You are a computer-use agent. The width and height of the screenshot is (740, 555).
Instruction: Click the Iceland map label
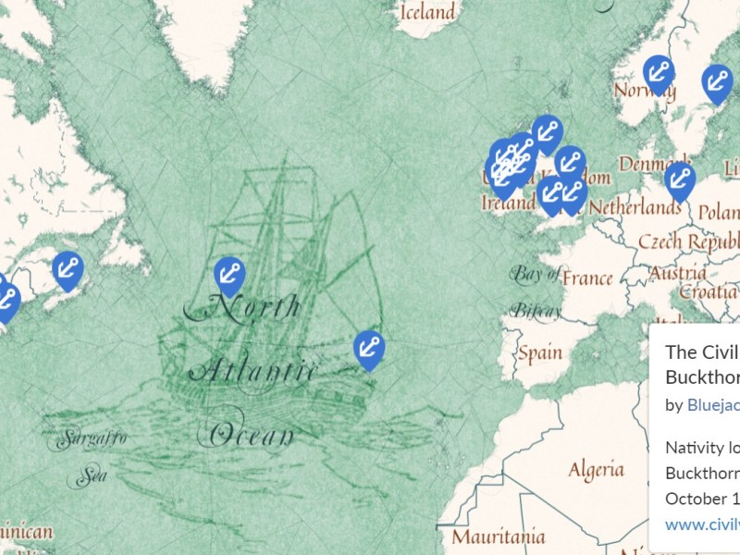point(426,12)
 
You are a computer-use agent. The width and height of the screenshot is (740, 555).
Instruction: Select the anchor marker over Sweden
point(717,82)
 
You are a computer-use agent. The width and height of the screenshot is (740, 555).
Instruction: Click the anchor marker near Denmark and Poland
point(680,179)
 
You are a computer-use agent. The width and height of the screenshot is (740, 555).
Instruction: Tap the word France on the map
point(587,277)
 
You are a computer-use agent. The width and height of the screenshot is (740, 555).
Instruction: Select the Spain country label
point(539,352)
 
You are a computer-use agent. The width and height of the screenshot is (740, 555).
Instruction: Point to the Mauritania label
point(499,536)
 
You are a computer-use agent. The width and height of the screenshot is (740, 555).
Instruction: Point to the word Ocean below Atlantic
point(252,433)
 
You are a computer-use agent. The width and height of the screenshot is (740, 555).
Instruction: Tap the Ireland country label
point(509,202)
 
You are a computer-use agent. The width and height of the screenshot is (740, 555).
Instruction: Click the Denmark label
point(653,165)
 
